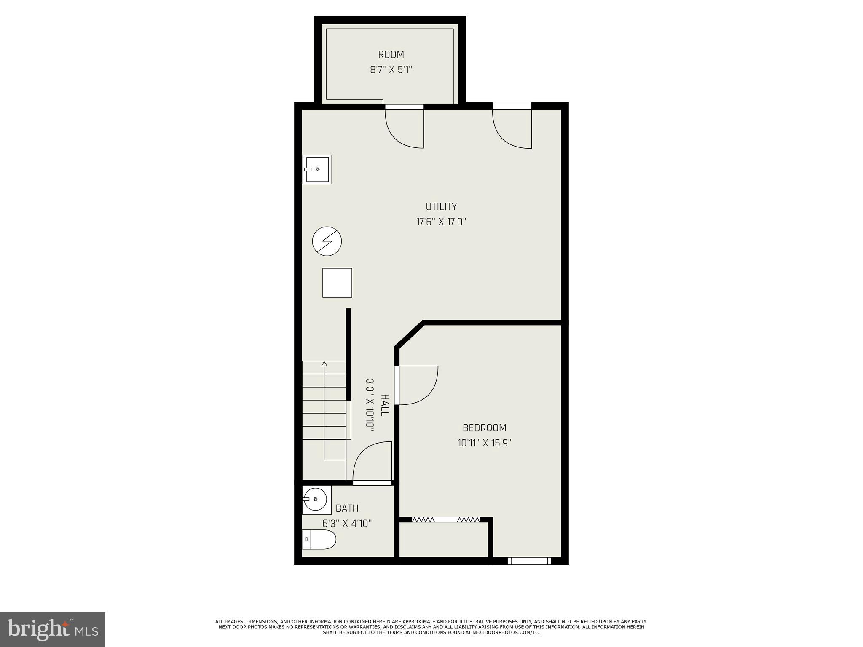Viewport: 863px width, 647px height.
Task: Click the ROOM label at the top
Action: (391, 55)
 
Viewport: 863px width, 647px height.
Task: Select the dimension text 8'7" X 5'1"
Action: (391, 70)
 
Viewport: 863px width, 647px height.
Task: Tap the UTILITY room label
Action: (441, 207)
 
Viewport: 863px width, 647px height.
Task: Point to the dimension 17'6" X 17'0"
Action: (441, 222)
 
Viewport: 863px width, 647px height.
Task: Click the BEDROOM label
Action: (484, 428)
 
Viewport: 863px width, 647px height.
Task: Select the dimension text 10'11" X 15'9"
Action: (484, 443)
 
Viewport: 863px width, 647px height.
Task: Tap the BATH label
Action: (347, 508)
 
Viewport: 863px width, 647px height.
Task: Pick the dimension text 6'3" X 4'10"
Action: (347, 524)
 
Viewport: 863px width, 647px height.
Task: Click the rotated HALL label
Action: (384, 405)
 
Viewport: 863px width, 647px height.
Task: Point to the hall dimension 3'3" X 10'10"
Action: (370, 404)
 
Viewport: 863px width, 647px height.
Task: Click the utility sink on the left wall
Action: (316, 169)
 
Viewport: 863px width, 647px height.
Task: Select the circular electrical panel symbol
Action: (327, 241)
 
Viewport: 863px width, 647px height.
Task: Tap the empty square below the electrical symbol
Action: (337, 283)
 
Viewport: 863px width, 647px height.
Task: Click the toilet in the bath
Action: (319, 540)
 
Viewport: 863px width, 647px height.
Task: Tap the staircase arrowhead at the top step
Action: (324, 364)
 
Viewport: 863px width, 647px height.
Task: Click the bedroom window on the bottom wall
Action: (529, 561)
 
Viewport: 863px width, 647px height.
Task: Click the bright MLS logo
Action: (53, 629)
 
